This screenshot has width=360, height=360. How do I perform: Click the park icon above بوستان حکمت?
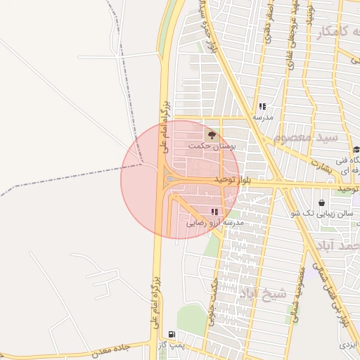(x=212, y=134)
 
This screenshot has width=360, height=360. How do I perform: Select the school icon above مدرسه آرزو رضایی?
(x=214, y=212)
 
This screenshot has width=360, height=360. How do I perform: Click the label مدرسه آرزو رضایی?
(x=214, y=222)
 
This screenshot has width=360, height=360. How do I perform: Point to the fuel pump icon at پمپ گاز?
(x=172, y=334)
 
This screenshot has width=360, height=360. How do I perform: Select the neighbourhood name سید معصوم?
(x=307, y=137)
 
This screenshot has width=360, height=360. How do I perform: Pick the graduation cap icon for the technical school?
(x=356, y=149)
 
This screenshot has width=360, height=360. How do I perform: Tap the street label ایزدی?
(x=349, y=345)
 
